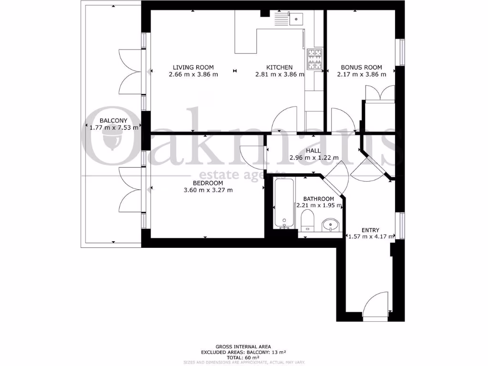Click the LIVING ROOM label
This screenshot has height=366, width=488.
point(193,67)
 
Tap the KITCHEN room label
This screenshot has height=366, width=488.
point(279,67)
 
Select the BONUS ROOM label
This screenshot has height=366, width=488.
point(361,67)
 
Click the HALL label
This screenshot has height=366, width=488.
point(313,150)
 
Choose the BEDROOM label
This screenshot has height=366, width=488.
point(208,183)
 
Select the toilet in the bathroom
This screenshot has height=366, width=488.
point(308,221)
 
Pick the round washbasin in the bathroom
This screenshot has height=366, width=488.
point(330,224)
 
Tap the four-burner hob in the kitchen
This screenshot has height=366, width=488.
point(315,59)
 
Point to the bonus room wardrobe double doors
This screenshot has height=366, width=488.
point(380,93)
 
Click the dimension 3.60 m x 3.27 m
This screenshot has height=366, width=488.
point(208,190)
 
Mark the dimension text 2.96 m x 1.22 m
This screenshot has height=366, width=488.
point(314,157)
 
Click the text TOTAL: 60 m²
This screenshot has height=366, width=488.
point(243,357)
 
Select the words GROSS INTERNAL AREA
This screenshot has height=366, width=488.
point(243,346)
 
